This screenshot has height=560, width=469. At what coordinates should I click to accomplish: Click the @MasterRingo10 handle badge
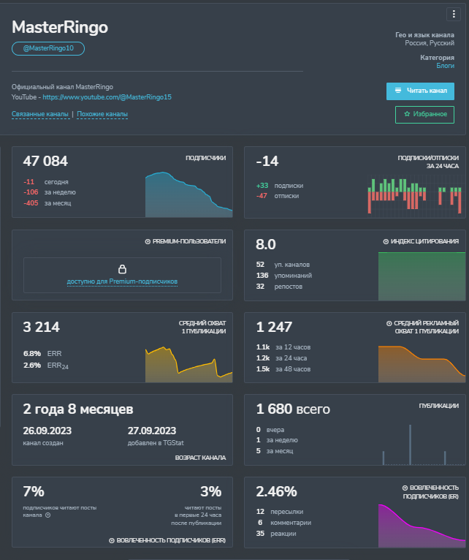pyautogui.click(x=48, y=48)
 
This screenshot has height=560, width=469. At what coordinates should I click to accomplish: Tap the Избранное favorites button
pyautogui.click(x=424, y=115)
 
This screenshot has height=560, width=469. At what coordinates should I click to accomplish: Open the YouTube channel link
pyautogui.click(x=107, y=97)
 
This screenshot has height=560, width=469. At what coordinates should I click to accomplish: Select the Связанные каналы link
pyautogui.click(x=40, y=114)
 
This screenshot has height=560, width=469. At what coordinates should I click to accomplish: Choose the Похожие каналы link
pyautogui.click(x=102, y=114)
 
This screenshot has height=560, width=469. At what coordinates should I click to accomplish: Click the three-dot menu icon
pyautogui.click(x=454, y=14)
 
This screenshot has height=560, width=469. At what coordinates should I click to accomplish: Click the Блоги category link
pyautogui.click(x=446, y=66)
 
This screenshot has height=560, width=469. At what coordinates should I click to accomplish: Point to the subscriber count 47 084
pyautogui.click(x=45, y=161)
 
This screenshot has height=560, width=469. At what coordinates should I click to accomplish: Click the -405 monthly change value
pyautogui.click(x=31, y=203)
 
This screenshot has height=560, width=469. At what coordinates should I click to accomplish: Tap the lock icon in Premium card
pyautogui.click(x=122, y=269)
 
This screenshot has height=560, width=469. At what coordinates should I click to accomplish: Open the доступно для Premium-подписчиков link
pyautogui.click(x=122, y=281)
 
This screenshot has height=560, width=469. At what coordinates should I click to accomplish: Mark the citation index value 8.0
pyautogui.click(x=266, y=244)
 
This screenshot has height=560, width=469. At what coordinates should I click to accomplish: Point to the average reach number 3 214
pyautogui.click(x=42, y=327)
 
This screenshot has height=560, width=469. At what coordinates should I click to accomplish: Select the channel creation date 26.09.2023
pyautogui.click(x=47, y=431)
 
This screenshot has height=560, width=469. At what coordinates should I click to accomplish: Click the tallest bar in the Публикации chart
pyautogui.click(x=410, y=444)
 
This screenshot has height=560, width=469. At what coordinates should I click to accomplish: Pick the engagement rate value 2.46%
pyautogui.click(x=277, y=492)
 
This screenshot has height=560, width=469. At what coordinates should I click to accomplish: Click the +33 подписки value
pyautogui.click(x=262, y=186)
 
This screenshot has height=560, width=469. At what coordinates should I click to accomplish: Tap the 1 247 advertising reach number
pyautogui.click(x=274, y=327)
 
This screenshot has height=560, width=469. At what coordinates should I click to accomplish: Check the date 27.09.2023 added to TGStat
pyautogui.click(x=152, y=431)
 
